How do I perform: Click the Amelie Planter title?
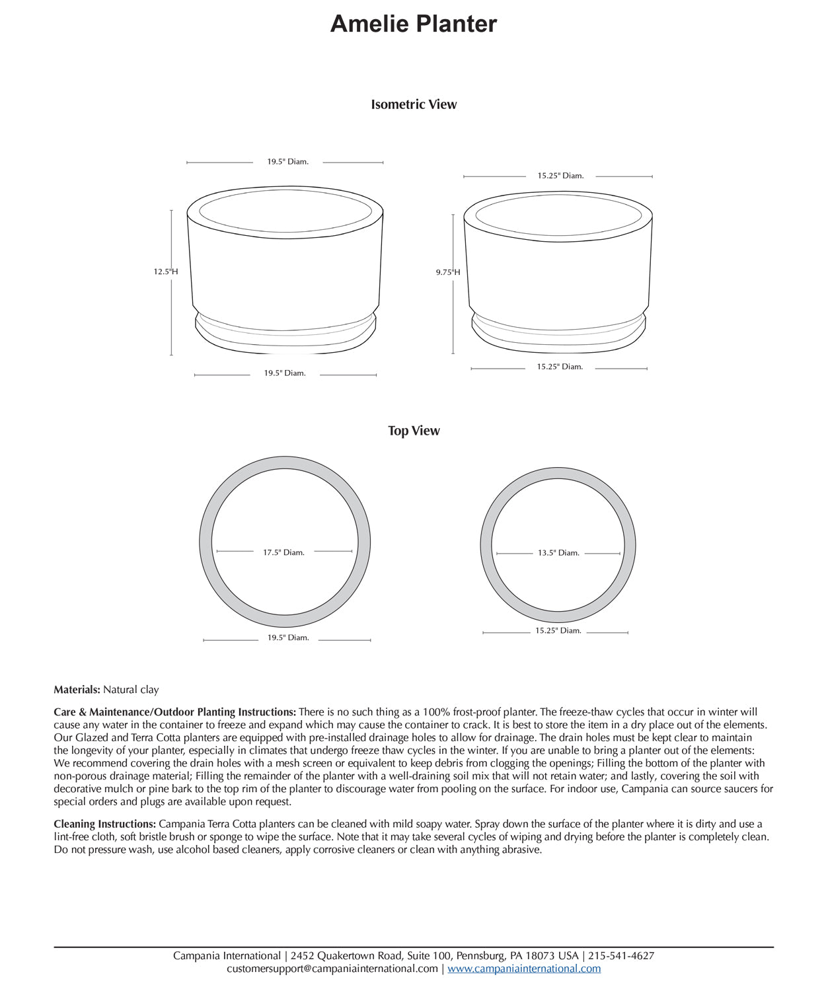click(413, 24)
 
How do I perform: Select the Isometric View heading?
click(414, 104)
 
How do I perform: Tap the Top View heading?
click(414, 431)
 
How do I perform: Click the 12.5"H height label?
click(165, 272)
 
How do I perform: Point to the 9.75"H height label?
click(447, 272)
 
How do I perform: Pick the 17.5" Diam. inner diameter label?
click(283, 552)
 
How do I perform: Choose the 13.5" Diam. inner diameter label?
click(558, 553)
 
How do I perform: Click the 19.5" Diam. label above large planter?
click(287, 162)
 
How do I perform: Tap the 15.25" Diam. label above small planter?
click(560, 176)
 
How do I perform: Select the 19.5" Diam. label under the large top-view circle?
click(288, 638)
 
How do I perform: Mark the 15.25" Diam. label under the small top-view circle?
click(558, 631)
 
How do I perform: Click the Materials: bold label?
click(77, 690)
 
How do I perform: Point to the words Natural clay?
click(131, 690)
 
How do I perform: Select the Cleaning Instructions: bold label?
click(105, 824)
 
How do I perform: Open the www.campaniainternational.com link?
click(524, 969)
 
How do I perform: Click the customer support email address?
click(332, 969)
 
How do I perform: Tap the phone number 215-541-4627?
click(621, 956)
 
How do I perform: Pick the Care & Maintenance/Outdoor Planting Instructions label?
click(174, 712)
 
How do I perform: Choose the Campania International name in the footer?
click(227, 956)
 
